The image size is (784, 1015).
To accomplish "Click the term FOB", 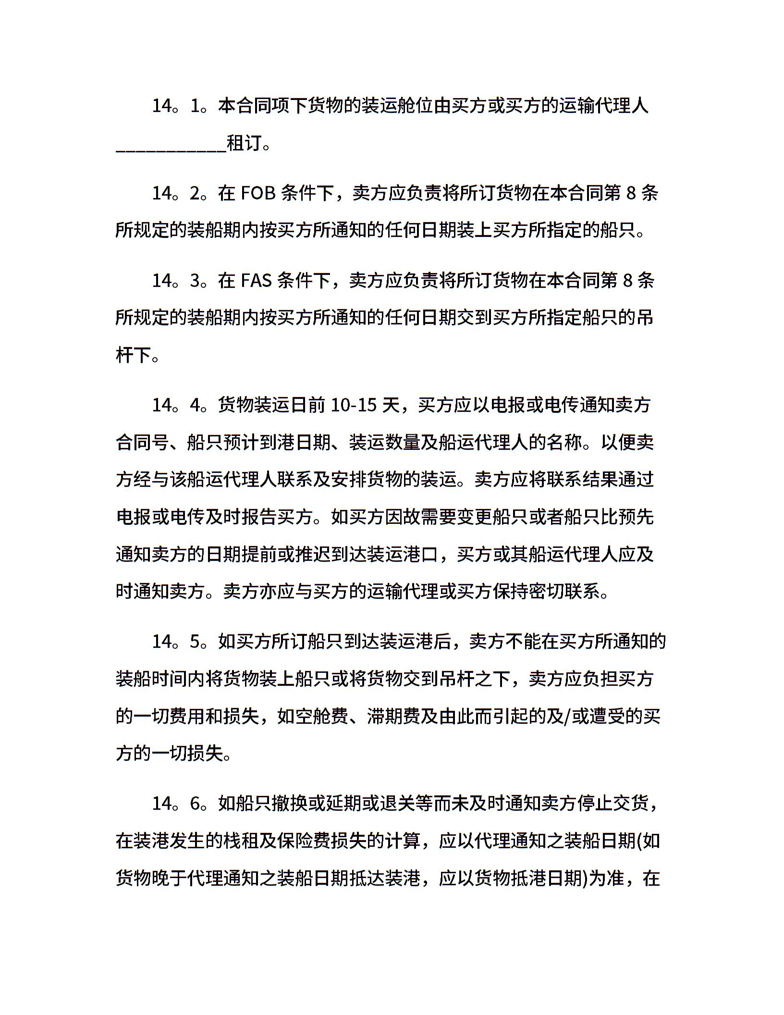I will pyautogui.click(x=257, y=193).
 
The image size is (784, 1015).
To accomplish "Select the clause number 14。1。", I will pyautogui.click(x=180, y=106).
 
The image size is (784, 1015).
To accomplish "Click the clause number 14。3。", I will pyautogui.click(x=180, y=280).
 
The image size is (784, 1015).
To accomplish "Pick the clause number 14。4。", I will pyautogui.click(x=180, y=405).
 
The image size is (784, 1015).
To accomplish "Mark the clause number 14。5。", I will pyautogui.click(x=180, y=642).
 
